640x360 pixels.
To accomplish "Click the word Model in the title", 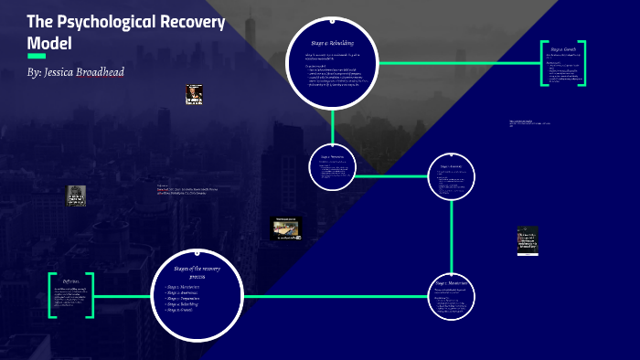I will tap(50, 43).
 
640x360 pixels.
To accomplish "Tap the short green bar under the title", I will tap(37, 56).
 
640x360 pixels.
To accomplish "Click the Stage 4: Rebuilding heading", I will tap(333, 43).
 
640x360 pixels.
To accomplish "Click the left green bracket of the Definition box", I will tap(50, 295).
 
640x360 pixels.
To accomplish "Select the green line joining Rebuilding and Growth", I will tap(457, 63).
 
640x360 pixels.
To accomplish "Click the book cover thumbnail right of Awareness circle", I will tap(528, 240).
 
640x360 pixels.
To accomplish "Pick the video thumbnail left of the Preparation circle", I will tap(286, 228).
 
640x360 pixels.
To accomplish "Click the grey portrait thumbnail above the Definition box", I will tap(76, 196).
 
